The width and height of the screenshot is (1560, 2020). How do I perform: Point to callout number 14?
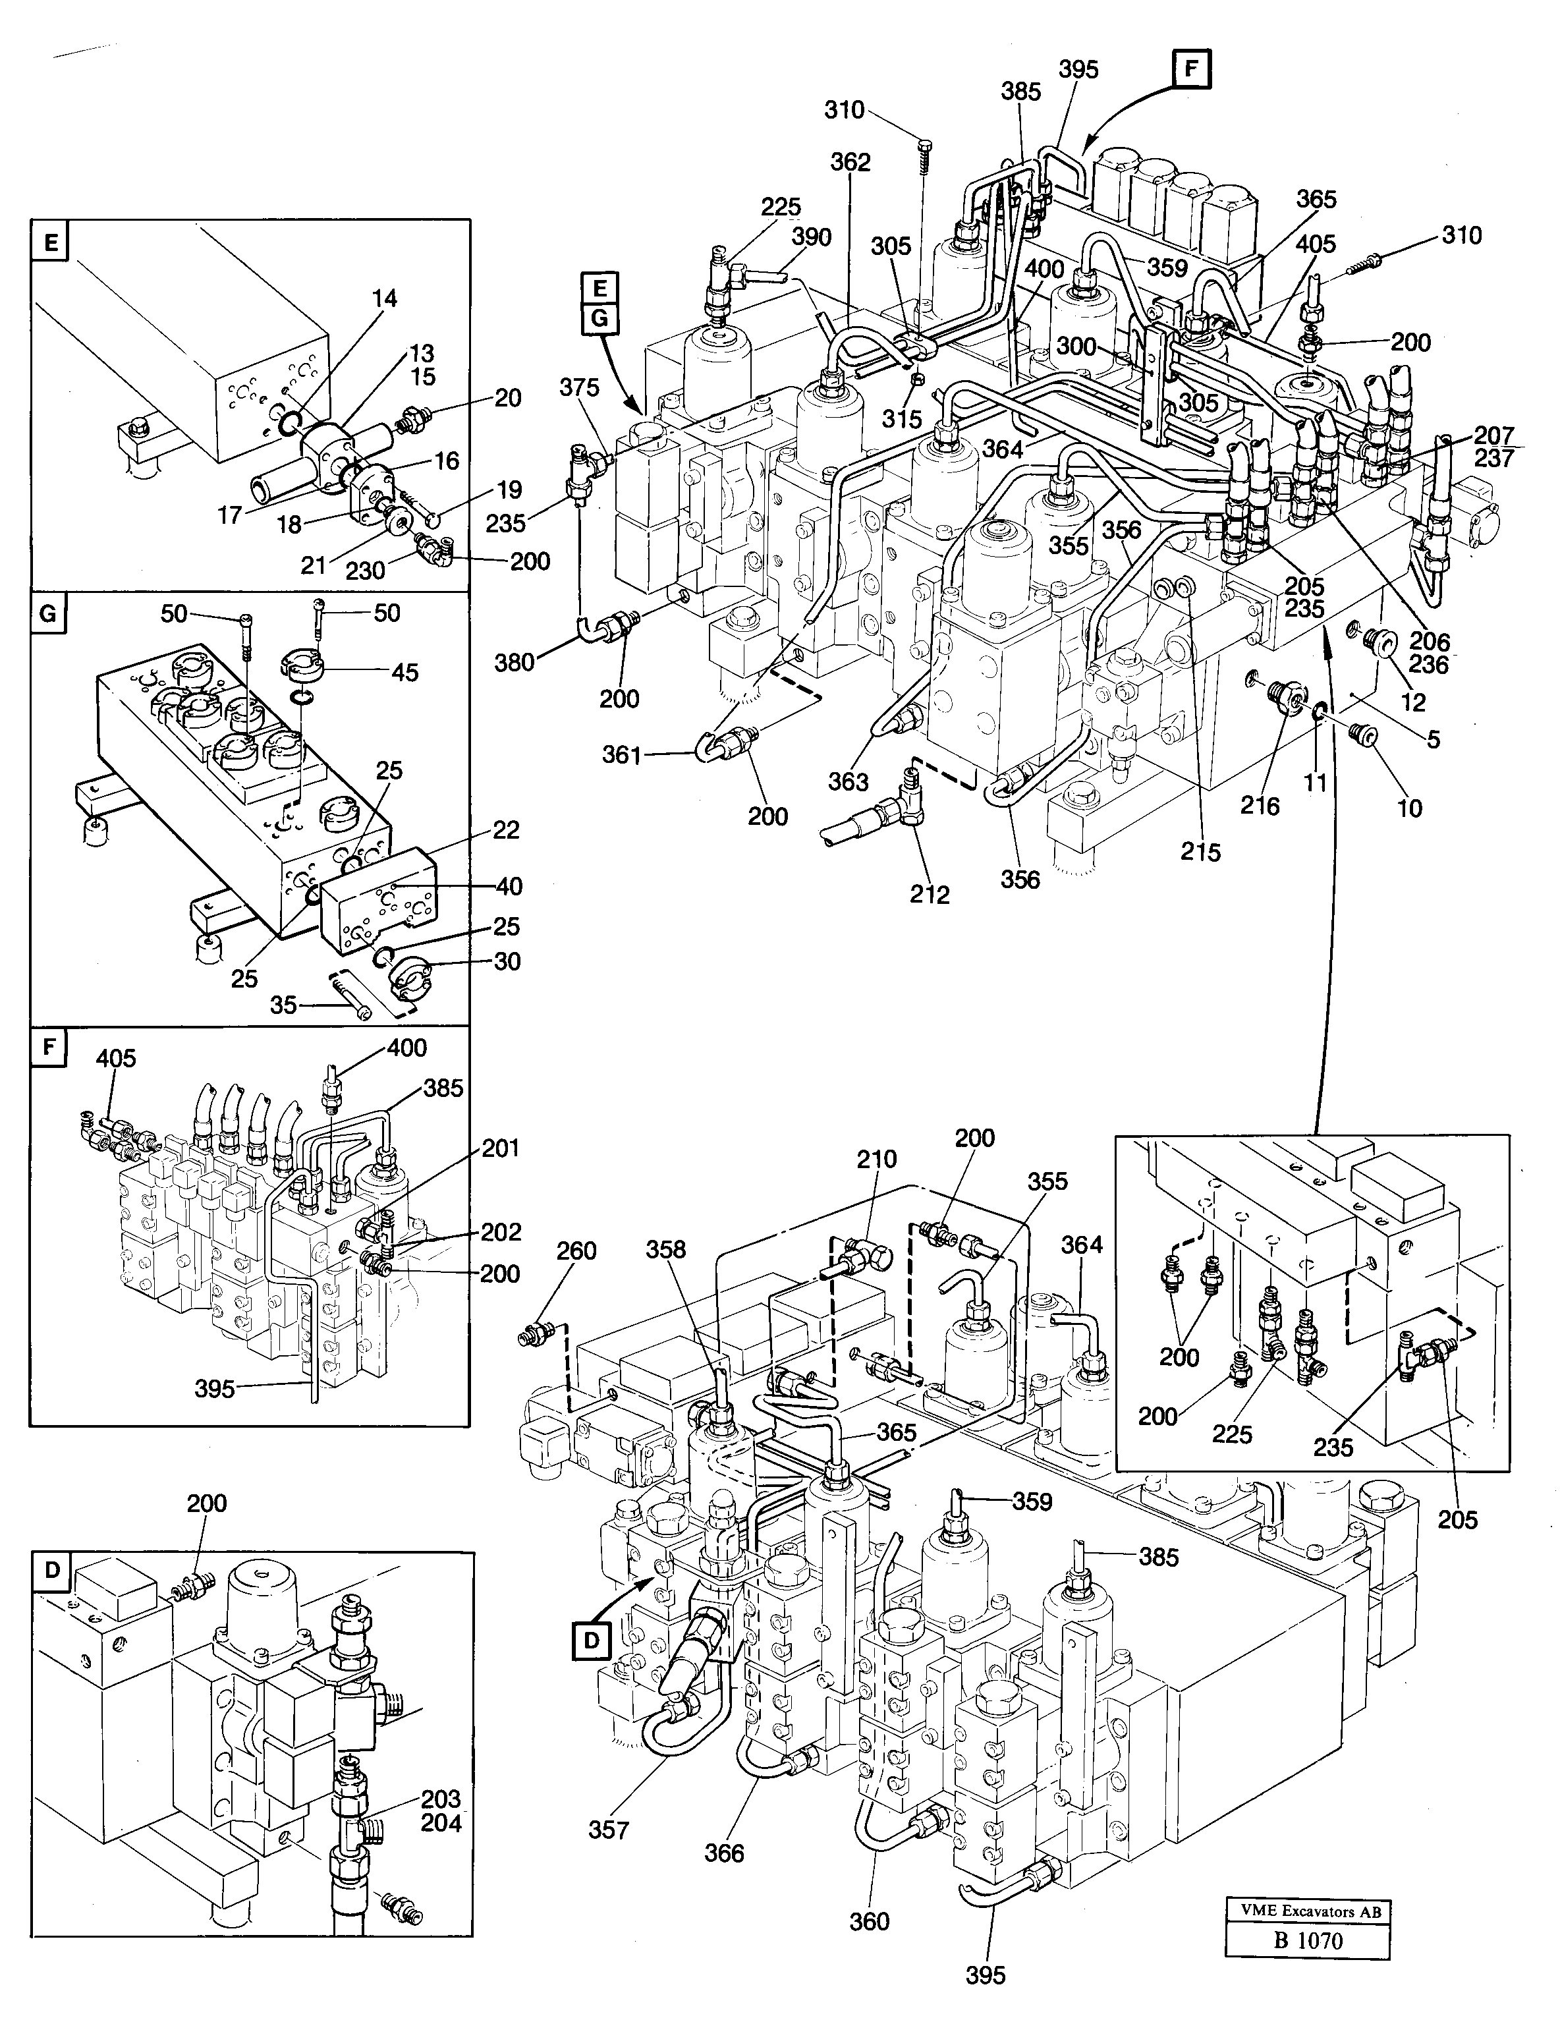385,298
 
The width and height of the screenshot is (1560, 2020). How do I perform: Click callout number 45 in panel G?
404,673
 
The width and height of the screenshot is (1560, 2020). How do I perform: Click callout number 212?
928,895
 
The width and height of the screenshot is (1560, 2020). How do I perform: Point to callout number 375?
580,387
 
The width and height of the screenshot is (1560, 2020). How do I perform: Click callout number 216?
1260,806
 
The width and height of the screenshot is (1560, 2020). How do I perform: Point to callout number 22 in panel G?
506,829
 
